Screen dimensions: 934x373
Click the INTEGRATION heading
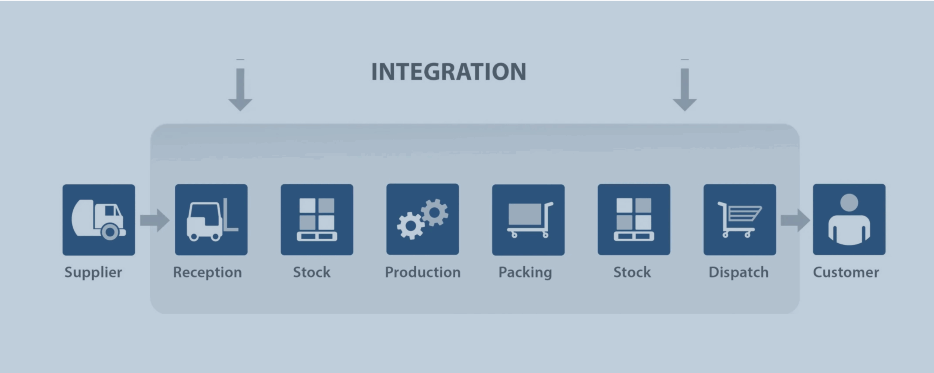(x=448, y=71)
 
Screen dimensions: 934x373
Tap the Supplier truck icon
(x=99, y=220)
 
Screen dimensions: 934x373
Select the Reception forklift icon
(x=211, y=220)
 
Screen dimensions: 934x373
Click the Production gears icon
(x=422, y=219)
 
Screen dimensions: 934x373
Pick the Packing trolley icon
(x=528, y=220)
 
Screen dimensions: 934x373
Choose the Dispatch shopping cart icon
(x=740, y=220)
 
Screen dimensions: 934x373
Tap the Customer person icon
(x=849, y=219)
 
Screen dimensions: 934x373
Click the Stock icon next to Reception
(x=317, y=220)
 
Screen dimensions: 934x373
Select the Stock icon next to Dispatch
(x=634, y=220)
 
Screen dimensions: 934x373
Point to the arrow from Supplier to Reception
(x=155, y=220)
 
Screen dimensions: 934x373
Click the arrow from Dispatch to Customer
(x=795, y=220)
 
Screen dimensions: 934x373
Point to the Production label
(x=423, y=272)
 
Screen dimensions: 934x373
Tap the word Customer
(x=846, y=272)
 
